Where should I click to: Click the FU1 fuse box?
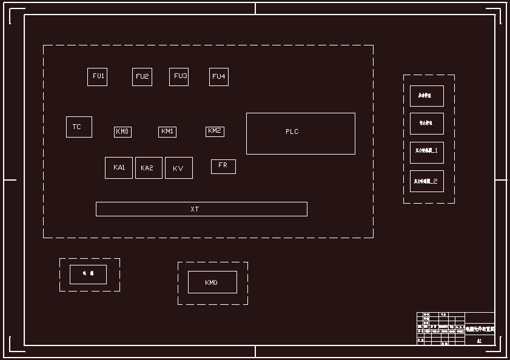(x=97, y=77)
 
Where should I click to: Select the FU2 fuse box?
(x=142, y=77)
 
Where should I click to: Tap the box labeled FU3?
(x=179, y=77)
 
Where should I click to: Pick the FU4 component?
(x=219, y=77)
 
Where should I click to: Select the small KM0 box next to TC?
(x=122, y=132)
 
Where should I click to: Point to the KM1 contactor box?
(x=167, y=132)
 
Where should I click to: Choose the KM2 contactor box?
(x=215, y=131)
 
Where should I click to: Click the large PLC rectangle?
(x=300, y=133)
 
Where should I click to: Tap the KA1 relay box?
(x=119, y=168)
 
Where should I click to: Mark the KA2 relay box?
(x=149, y=168)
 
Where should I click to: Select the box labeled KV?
(x=178, y=168)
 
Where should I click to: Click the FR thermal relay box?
(x=223, y=166)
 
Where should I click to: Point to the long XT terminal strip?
(x=201, y=209)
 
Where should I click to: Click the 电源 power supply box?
(x=88, y=274)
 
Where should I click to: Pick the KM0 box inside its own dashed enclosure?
(x=212, y=282)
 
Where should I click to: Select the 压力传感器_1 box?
(x=427, y=153)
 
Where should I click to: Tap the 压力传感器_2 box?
(x=427, y=181)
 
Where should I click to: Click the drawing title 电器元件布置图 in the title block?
(x=480, y=328)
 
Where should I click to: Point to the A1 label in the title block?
(x=479, y=341)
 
